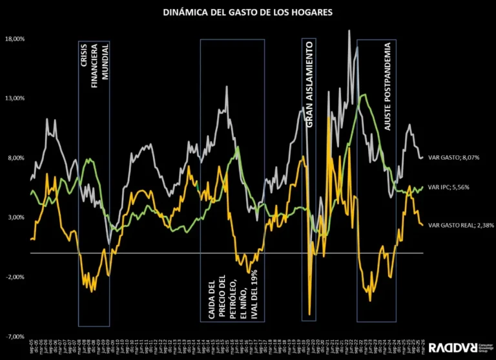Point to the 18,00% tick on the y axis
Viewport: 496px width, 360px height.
[x=14, y=39]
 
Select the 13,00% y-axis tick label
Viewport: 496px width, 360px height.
[x=14, y=98]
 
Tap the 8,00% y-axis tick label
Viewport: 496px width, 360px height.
[x=15, y=158]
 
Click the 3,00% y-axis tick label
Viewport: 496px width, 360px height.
[x=15, y=217]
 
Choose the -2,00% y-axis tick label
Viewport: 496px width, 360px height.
[x=15, y=277]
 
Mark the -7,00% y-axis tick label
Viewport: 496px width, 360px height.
[x=15, y=337]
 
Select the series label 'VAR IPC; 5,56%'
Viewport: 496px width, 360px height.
[x=448, y=187]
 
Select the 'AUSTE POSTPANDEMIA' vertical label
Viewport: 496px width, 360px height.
[x=387, y=87]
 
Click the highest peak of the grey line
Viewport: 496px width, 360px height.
[x=349, y=30]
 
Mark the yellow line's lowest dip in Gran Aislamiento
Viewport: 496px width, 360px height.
[x=310, y=315]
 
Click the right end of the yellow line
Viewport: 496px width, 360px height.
[x=423, y=225]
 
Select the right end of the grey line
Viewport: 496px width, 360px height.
[x=423, y=157]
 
